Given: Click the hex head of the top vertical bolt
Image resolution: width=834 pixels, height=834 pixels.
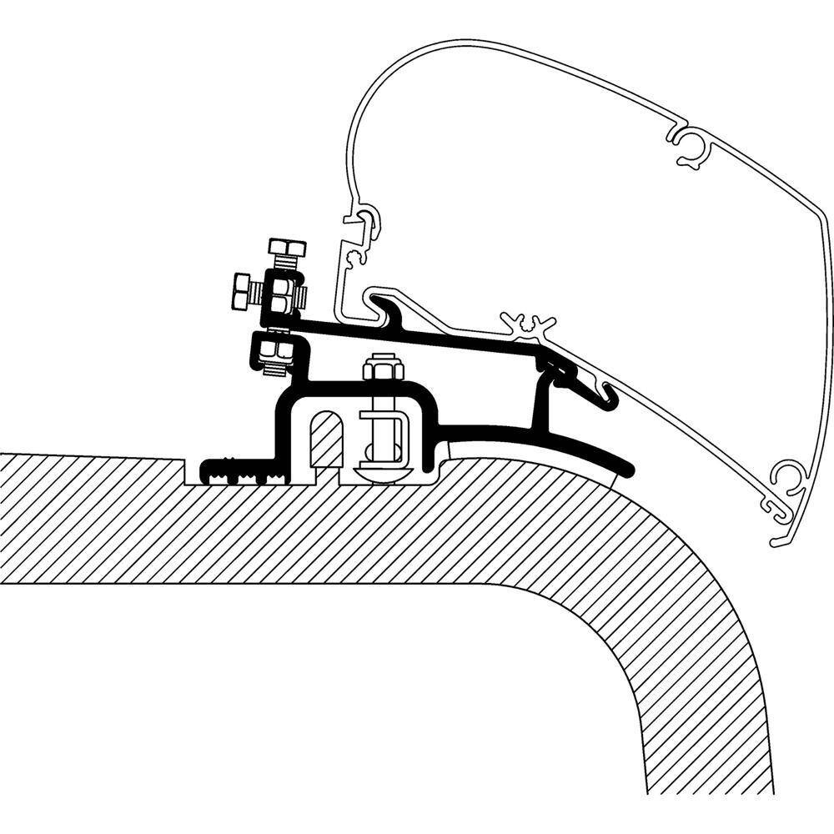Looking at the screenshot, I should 286,249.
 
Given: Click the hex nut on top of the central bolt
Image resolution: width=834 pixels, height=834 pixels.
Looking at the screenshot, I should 380,369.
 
